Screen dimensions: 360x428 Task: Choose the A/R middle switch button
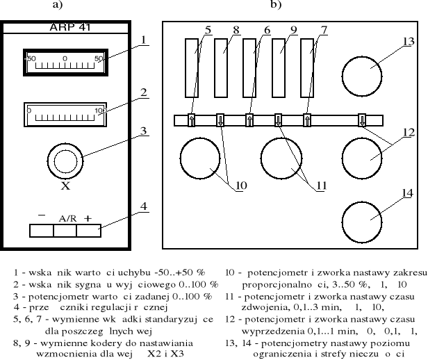click(66, 230)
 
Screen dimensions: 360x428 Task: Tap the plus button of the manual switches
click(88, 230)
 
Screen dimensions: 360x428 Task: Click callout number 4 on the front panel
click(143, 206)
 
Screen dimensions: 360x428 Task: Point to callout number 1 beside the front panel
click(142, 39)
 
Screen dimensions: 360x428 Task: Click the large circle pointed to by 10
click(200, 158)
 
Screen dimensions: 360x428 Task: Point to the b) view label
click(277, 5)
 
